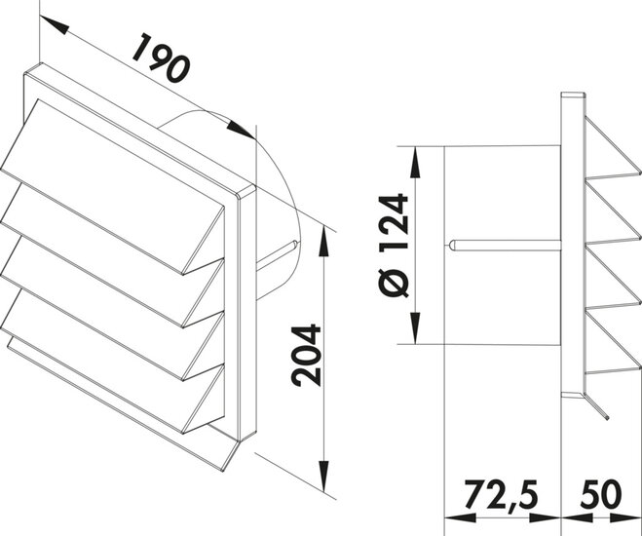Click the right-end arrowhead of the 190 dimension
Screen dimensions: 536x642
coord(244,126)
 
